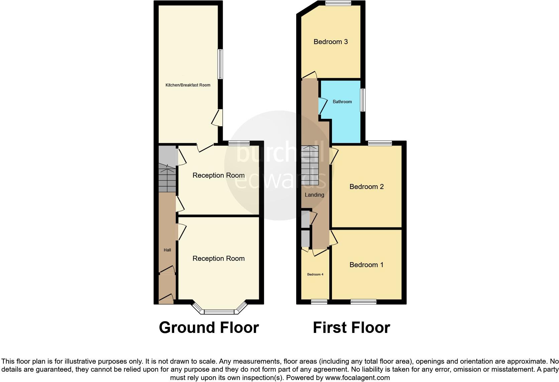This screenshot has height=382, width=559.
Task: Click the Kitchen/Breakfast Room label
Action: [x=188, y=85]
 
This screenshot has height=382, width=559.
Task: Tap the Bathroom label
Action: [x=342, y=102]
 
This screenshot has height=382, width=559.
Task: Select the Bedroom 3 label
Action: [x=330, y=42]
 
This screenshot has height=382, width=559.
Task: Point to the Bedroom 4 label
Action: [x=315, y=274]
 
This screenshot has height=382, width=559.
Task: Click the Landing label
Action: [x=314, y=195]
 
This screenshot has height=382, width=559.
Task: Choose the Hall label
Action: [x=167, y=250]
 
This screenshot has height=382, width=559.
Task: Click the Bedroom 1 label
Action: [x=366, y=265]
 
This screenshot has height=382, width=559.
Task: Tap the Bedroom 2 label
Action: [x=366, y=187]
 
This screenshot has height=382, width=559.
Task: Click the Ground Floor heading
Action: [x=209, y=328]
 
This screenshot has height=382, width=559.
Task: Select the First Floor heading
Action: [x=351, y=328]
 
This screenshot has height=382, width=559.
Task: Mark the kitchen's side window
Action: [x=220, y=64]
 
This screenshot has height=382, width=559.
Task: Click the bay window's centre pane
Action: [x=219, y=312]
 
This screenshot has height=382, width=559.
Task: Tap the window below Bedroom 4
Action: [x=319, y=302]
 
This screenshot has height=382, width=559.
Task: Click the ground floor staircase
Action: [x=167, y=177]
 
